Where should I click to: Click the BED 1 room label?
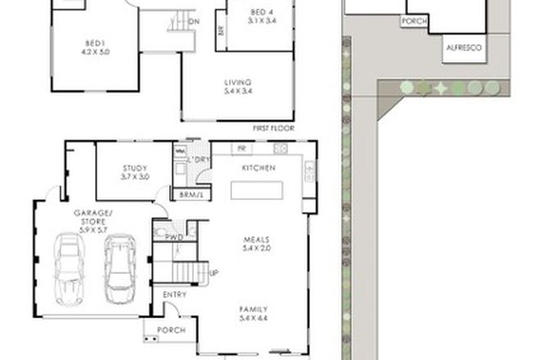click(97, 47)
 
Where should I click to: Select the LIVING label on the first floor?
click(238, 87)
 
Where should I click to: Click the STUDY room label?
click(135, 173)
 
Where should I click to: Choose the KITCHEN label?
click(257, 168)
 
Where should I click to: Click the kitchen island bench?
click(257, 191)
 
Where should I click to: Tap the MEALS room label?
click(256, 243)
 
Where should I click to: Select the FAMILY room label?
click(256, 313)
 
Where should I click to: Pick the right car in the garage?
click(120, 265)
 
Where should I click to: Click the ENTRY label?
click(174, 295)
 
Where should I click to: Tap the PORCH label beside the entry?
click(171, 331)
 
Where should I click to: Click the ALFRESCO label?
click(463, 48)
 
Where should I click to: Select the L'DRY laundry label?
click(199, 160)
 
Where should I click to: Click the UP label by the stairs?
click(214, 273)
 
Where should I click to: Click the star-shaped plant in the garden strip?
click(439, 88)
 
